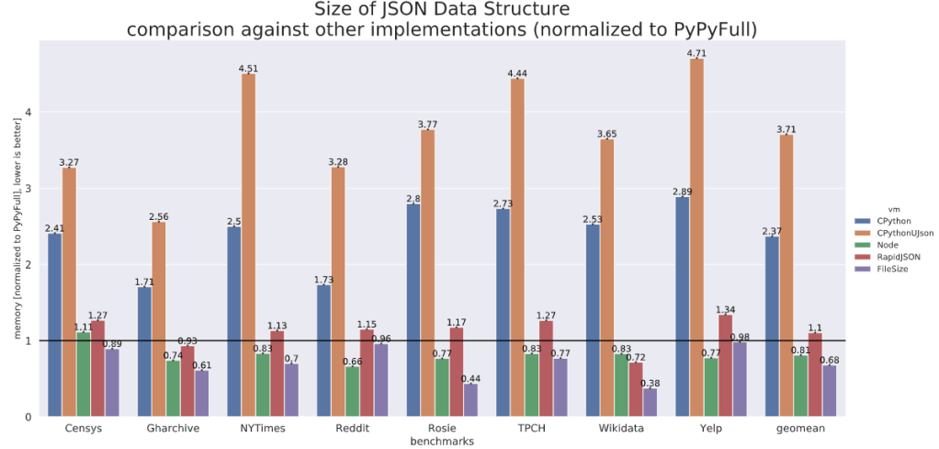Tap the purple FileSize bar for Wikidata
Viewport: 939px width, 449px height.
click(651, 402)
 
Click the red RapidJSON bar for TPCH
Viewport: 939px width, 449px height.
click(547, 368)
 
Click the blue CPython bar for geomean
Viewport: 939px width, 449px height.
click(772, 327)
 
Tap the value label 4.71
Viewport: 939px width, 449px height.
click(696, 53)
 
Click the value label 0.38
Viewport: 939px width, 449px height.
click(651, 383)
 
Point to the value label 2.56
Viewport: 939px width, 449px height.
click(159, 217)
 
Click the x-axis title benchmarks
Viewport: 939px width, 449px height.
click(441, 442)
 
